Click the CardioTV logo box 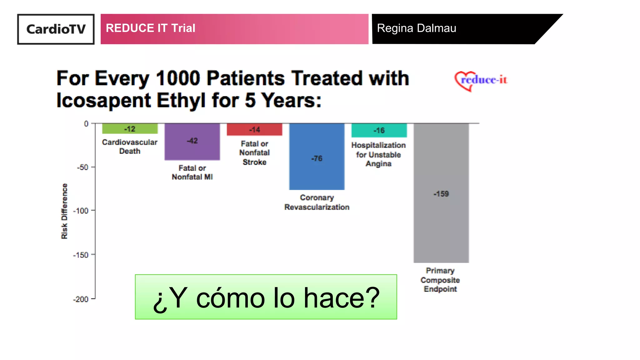coord(56,29)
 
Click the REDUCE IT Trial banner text coord(150,28)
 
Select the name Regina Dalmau coord(416,28)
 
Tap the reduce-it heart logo coord(481,81)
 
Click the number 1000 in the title coord(177,78)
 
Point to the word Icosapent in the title coord(104,101)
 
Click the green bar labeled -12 coord(130,129)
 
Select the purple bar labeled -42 coord(192,141)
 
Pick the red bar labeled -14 coord(254,129)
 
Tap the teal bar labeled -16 coord(379,130)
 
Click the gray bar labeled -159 coord(441,194)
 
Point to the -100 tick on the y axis coord(81,211)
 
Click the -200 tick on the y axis coord(81,299)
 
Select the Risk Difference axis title coord(64,211)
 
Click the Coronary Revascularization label coord(317,202)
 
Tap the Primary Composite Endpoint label coord(440,280)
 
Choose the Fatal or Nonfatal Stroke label coord(254,153)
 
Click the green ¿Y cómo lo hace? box coord(266,297)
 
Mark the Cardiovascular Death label coord(130,147)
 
